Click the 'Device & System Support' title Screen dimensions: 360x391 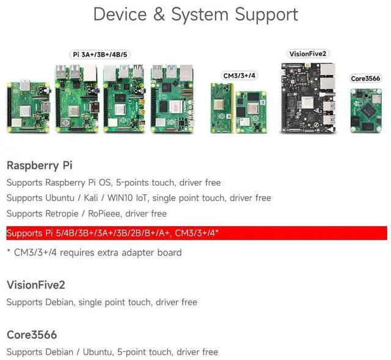195,15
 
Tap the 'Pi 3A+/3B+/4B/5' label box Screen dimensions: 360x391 101,54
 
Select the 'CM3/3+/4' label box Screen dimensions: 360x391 239,75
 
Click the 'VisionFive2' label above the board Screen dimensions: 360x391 309,54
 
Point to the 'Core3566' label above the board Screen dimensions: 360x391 365,78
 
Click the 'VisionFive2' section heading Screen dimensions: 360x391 35,285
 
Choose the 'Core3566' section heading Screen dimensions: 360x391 32,335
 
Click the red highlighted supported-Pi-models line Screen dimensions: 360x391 195,233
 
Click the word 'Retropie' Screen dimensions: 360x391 63,214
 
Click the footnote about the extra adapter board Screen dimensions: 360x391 94,252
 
